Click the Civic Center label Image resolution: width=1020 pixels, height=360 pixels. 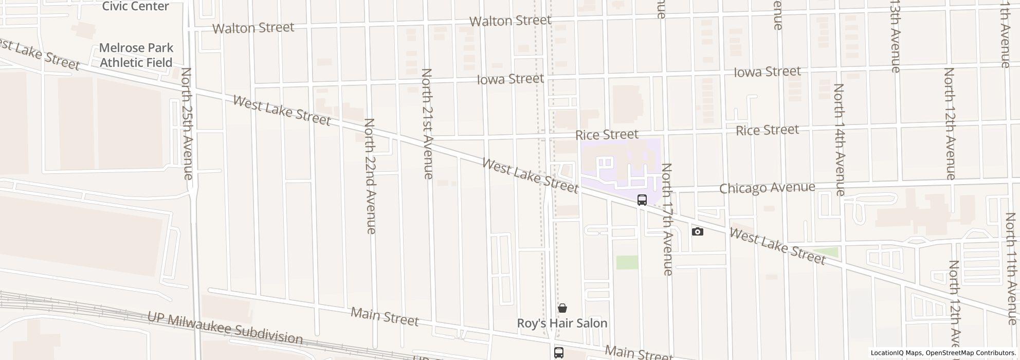click(135, 6)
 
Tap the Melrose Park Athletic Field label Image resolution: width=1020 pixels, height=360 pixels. click(136, 55)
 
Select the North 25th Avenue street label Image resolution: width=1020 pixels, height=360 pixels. click(187, 123)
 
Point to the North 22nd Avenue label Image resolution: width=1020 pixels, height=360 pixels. click(370, 176)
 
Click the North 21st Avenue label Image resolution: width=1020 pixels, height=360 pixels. click(427, 123)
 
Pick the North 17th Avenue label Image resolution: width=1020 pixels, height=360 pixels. click(667, 219)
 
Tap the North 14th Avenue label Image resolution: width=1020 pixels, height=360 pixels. click(839, 139)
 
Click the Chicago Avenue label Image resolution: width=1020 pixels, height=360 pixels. click(767, 188)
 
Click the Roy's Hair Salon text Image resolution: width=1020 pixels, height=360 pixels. click(562, 323)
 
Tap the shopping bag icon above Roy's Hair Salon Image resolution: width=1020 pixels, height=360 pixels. click(562, 308)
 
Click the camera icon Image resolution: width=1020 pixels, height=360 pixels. click(697, 231)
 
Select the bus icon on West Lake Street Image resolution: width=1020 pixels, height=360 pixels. click(642, 200)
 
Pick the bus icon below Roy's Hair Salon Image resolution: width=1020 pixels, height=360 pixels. click(559, 352)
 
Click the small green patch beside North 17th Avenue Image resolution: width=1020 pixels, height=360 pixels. click(627, 262)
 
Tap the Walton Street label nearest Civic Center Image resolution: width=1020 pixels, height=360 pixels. click(253, 27)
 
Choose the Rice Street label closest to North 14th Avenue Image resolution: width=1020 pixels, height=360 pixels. click(767, 130)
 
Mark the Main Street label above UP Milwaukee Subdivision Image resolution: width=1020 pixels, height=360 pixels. click(385, 316)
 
